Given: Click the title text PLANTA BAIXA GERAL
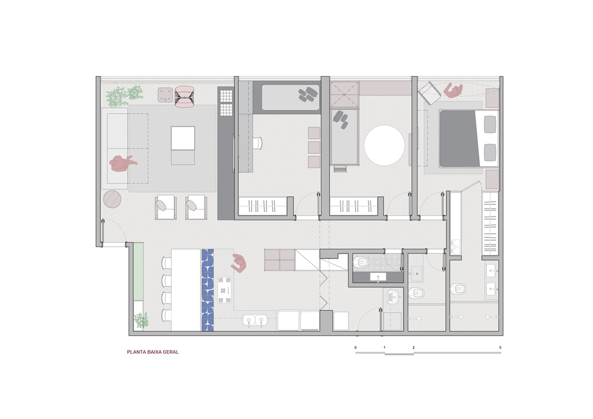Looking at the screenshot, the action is (153, 352).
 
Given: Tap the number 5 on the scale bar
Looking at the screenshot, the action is (500, 347).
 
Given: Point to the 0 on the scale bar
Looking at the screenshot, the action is (355, 347).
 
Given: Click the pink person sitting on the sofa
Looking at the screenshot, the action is (122, 163).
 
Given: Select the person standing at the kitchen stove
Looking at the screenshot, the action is (239, 263).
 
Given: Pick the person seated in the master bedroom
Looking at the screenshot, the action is (453, 91).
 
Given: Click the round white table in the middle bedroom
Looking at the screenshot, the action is (384, 145).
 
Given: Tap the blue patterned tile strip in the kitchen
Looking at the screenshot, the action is (208, 290).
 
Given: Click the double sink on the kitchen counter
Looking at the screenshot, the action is (254, 321).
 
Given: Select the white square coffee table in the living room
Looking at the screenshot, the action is (183, 139).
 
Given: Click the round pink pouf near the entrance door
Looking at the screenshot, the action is (112, 200).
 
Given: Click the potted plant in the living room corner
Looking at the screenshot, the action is (123, 95).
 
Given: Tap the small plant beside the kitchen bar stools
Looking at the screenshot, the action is (141, 320).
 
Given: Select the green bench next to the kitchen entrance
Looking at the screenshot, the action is (139, 272).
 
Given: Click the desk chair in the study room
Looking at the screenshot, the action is (257, 143).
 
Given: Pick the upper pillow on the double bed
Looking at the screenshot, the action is (490, 125).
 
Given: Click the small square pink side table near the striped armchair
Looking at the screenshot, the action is (166, 94).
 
